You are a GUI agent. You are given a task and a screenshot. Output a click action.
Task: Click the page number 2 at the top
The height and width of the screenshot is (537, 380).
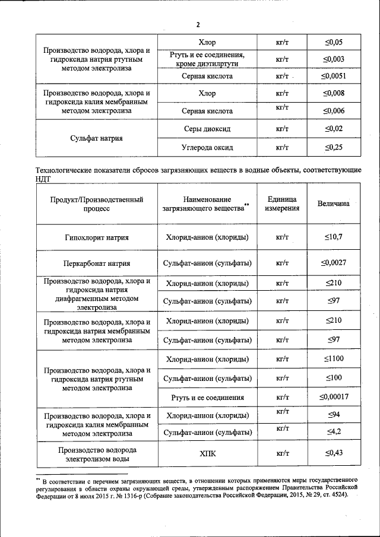point(198,24)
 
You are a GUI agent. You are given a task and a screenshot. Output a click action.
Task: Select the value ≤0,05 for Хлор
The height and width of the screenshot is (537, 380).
point(333,43)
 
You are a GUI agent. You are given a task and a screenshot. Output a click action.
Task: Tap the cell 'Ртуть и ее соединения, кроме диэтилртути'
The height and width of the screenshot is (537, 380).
point(207,59)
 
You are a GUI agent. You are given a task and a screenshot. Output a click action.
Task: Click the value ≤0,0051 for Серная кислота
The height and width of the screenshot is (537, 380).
point(333,77)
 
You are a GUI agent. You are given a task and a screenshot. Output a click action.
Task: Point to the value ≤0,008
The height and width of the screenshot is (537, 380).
point(333,94)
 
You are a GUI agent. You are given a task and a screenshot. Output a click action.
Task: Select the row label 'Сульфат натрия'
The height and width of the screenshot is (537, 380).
point(96,138)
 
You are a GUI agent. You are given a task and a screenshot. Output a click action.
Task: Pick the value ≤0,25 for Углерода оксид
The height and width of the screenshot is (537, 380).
point(333,147)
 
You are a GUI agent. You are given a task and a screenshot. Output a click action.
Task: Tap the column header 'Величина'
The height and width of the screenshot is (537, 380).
point(333,204)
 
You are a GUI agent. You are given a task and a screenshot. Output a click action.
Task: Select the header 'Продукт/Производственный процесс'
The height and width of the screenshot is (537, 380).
point(96,204)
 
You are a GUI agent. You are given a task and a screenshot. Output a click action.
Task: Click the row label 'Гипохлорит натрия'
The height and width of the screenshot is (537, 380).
point(96,237)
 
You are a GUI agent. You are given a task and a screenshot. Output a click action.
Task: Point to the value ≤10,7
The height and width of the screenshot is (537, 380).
point(333,237)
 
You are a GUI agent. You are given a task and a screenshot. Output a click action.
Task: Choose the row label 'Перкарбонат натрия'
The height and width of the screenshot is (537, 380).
point(96,263)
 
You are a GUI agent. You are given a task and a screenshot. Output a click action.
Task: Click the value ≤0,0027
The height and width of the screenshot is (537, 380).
point(333,263)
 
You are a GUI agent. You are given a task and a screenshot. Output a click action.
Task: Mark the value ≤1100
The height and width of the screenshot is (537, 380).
point(333,359)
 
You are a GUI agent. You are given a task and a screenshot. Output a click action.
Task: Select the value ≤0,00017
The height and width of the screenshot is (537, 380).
point(333,396)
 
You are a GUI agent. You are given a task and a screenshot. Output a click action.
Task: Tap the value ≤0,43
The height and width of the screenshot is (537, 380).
point(333,454)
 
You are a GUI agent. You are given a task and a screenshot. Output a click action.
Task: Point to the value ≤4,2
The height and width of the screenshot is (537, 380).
point(333,431)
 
